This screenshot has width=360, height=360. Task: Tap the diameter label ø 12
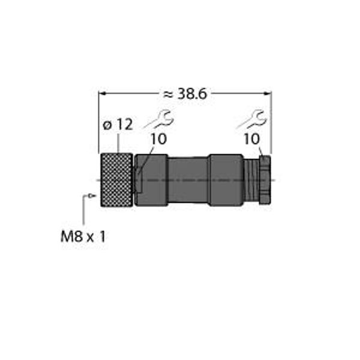[118, 125]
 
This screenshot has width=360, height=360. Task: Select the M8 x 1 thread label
[83, 237]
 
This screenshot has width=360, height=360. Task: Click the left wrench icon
[159, 119]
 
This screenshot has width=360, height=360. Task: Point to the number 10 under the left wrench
[158, 139]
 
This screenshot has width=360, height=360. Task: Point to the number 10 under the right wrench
[252, 139]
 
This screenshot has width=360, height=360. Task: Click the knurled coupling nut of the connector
[116, 180]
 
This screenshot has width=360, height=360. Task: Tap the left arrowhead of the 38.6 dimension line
[102, 94]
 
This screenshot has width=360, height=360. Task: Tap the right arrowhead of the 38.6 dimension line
[268, 94]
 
